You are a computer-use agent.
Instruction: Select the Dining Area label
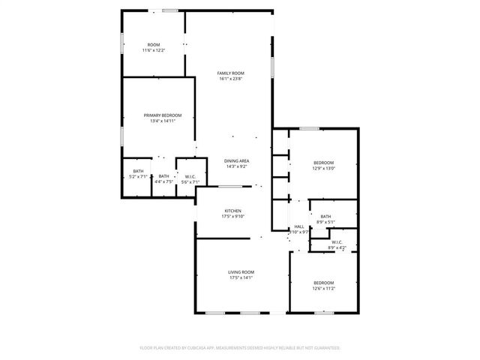pos(236,161)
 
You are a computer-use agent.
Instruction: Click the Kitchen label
pos(232,211)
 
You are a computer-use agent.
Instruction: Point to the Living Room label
pos(241,271)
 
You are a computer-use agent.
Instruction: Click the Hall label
pos(298,226)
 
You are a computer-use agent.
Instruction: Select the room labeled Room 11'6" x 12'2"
pos(154,45)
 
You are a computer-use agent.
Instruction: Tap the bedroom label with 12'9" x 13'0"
pos(323,163)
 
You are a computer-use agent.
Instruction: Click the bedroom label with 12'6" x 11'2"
pos(323,283)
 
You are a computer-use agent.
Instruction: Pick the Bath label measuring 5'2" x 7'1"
pos(138,175)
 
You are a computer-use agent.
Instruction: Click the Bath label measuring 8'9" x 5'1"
pos(325,217)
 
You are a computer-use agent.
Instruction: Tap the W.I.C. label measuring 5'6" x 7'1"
pos(190,176)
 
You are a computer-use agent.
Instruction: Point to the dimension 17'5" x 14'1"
pos(241,277)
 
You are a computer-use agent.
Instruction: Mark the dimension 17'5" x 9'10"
pos(232,217)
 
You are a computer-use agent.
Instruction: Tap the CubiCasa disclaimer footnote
pos(240,348)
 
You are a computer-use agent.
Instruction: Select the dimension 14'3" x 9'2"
pos(236,167)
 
